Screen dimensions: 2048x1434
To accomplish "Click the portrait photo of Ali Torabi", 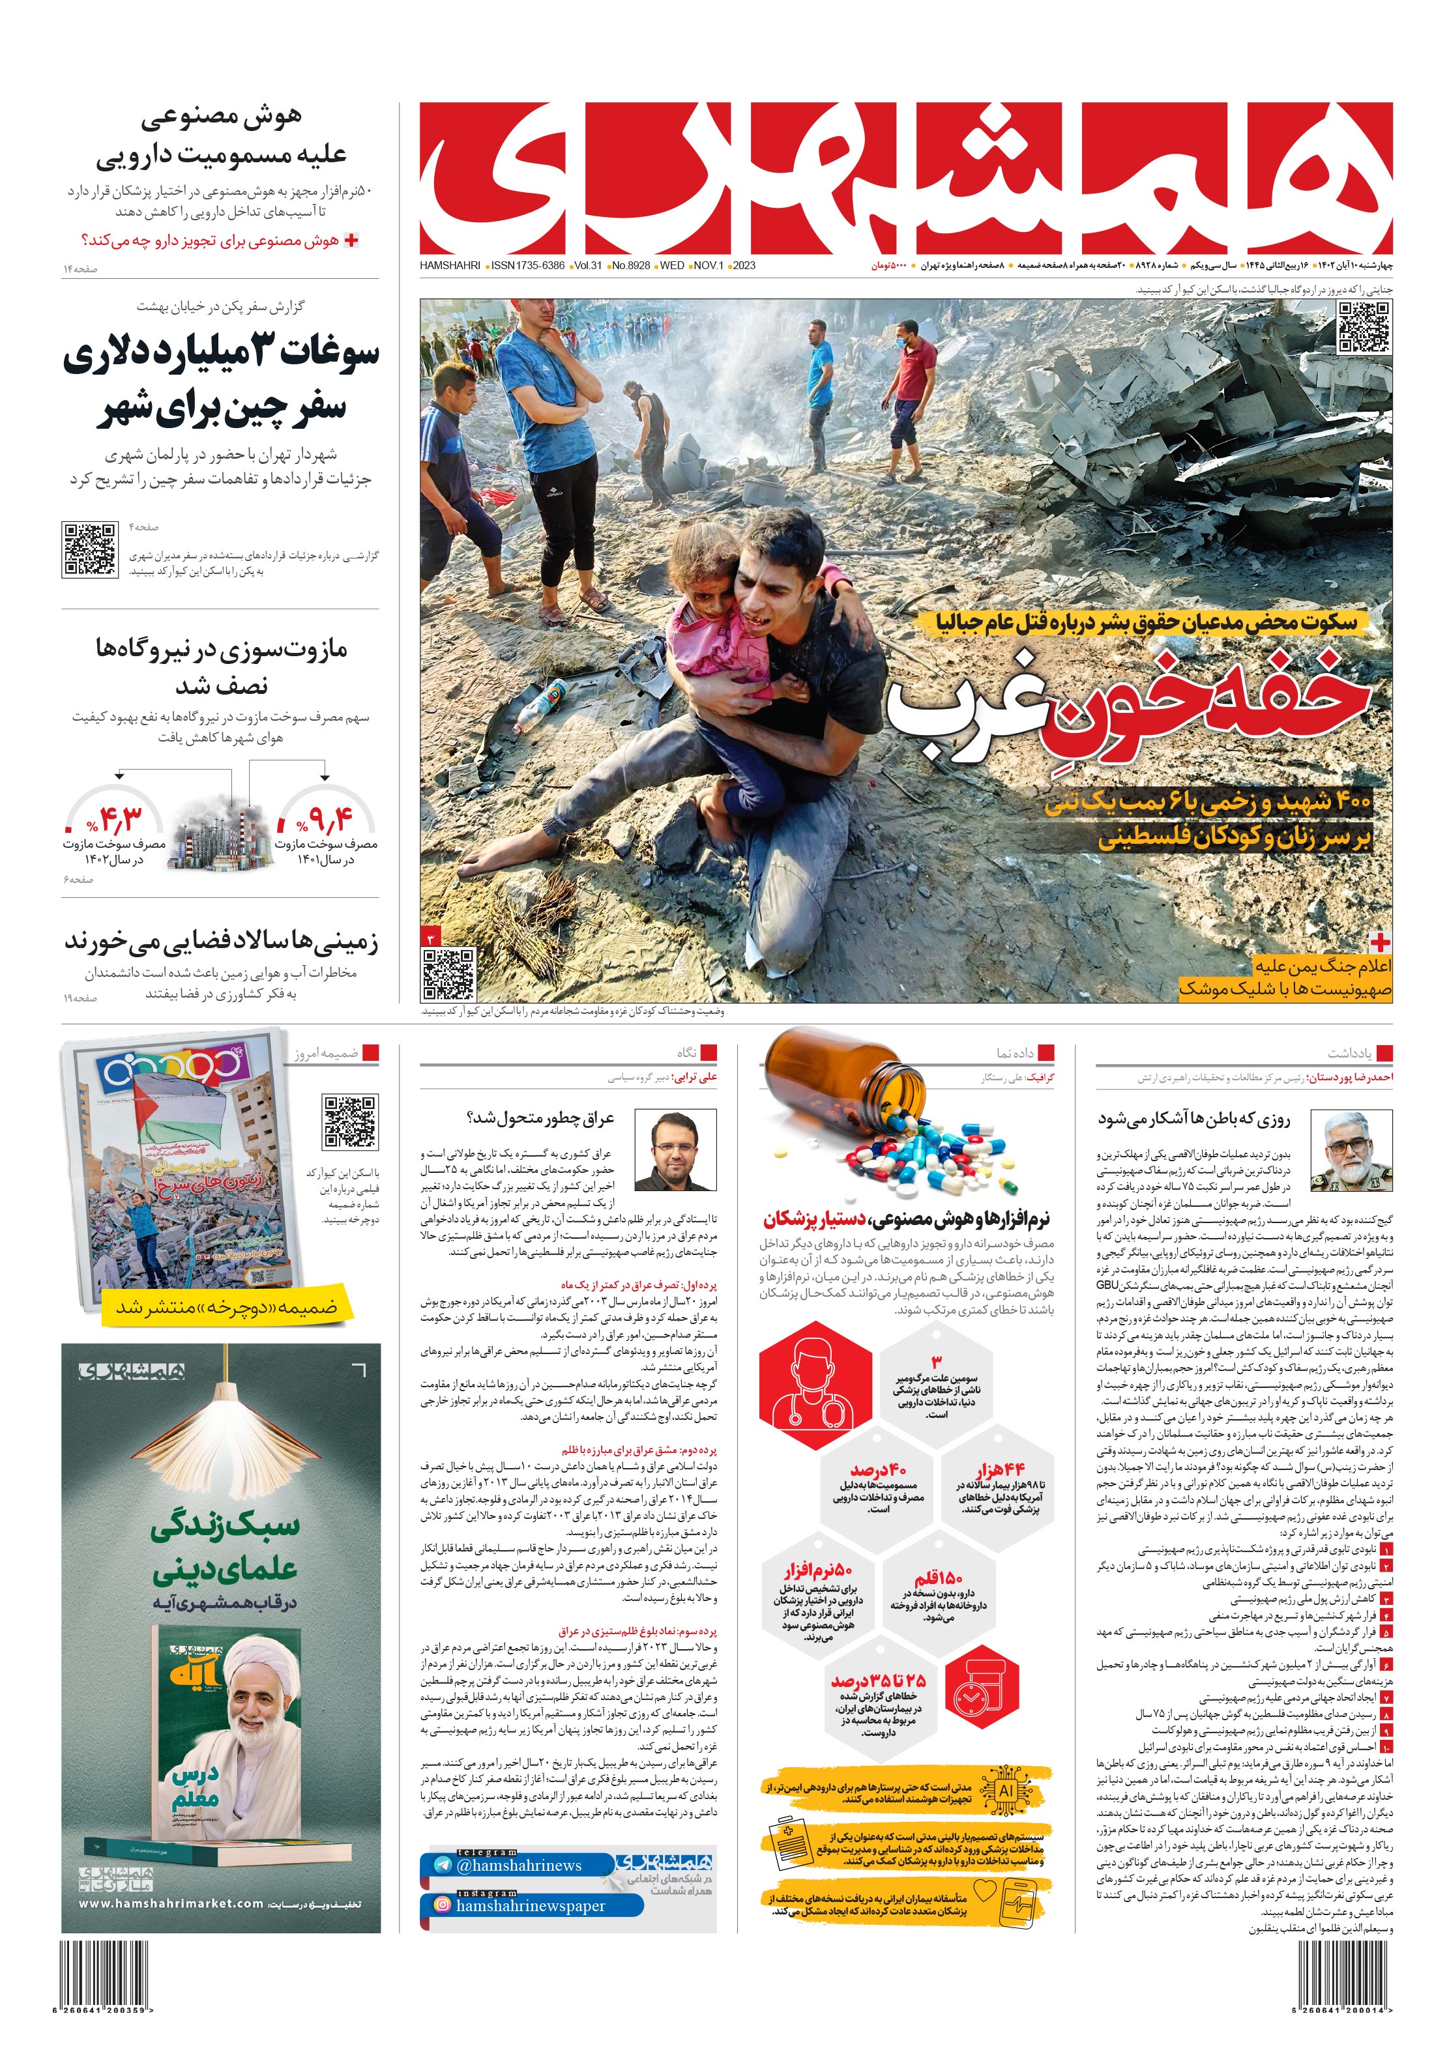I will click(675, 1151).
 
